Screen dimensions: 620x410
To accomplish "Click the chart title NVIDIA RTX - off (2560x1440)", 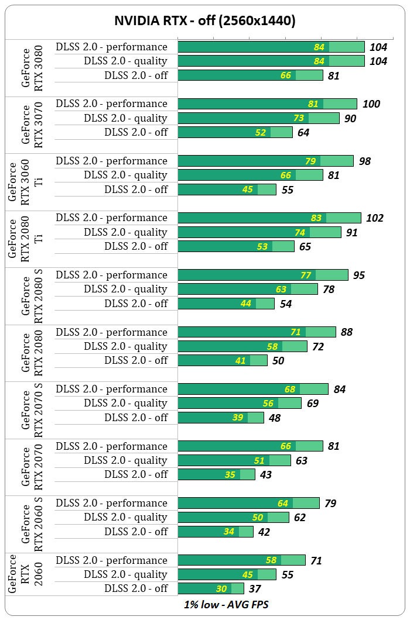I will (204, 22).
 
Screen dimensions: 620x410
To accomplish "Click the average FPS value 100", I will (371, 104).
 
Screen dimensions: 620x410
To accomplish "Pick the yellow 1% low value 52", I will (261, 133).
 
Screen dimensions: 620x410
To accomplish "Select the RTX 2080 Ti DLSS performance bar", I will (269, 218).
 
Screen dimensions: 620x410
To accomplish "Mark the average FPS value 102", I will (374, 218).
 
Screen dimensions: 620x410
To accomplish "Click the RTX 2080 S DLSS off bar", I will (225, 304).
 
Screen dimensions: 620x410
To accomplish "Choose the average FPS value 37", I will (254, 589).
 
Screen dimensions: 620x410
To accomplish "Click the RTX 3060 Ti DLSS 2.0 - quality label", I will (125, 175).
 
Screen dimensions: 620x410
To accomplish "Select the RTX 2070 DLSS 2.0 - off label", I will (136, 474).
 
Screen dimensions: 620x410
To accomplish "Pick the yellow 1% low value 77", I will (306, 275).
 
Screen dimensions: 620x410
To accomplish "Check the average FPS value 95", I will (359, 275).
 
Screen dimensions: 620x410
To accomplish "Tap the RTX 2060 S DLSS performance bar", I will (248, 503).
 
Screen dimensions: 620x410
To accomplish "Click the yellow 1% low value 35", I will (230, 475).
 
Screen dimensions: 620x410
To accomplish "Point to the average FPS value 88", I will (346, 332).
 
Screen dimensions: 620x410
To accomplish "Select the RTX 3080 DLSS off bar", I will (250, 75).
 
